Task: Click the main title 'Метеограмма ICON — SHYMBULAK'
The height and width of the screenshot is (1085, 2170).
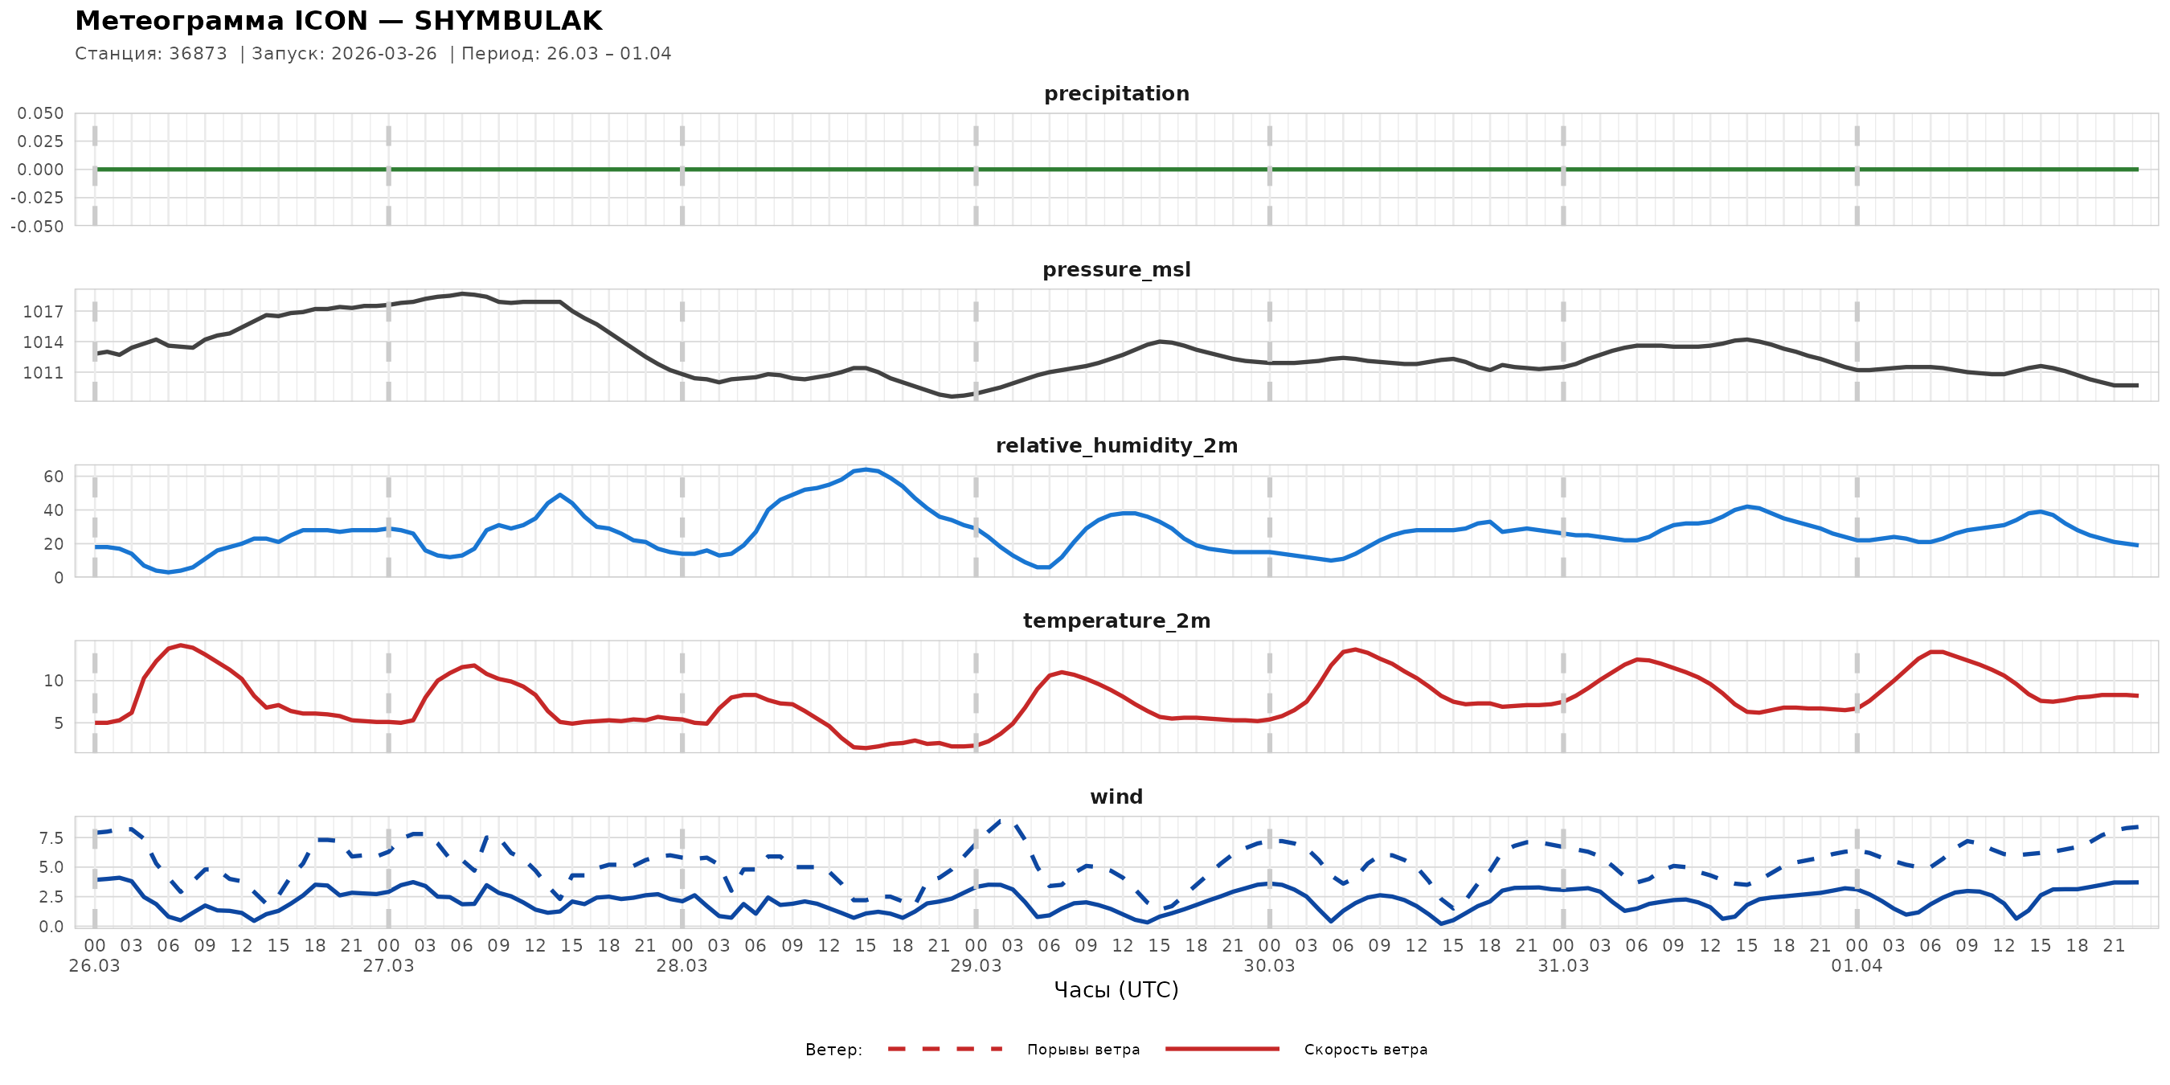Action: tap(338, 21)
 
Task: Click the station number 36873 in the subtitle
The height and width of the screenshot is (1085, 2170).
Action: tap(198, 54)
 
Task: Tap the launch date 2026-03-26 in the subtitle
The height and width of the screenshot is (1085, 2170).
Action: tap(384, 54)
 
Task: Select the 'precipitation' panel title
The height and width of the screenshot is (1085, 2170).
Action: tap(1116, 93)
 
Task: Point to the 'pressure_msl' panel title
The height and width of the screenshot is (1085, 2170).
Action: tap(1116, 269)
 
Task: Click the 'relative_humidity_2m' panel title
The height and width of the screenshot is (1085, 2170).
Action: tap(1116, 445)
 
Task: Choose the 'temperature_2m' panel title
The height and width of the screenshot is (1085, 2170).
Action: tap(1116, 620)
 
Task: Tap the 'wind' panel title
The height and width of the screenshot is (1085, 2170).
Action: tap(1116, 797)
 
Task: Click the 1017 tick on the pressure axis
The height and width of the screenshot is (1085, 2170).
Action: tap(43, 312)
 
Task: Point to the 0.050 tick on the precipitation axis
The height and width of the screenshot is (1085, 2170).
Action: tap(40, 113)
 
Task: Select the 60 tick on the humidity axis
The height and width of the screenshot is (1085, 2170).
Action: tap(53, 477)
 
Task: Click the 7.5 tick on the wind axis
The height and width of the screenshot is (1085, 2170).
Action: tap(51, 838)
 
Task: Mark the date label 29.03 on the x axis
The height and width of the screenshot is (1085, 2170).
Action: tap(976, 966)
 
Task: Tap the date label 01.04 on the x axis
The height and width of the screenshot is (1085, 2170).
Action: tap(1857, 966)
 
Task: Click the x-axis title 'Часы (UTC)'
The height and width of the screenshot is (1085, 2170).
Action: tap(1116, 990)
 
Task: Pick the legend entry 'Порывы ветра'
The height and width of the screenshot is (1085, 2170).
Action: tap(1083, 1050)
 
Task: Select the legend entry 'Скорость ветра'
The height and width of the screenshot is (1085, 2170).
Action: tap(1365, 1050)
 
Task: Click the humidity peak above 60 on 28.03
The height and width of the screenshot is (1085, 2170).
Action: tap(866, 470)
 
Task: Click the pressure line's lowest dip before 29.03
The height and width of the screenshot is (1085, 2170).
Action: tap(952, 396)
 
